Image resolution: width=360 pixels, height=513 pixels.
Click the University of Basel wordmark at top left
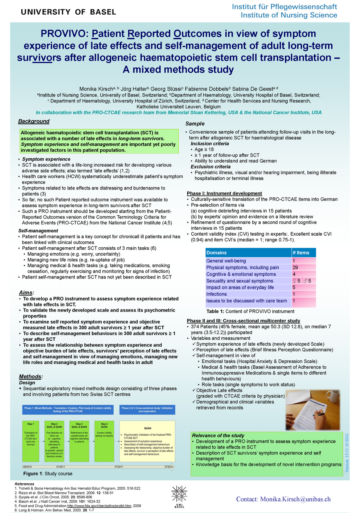click(68, 12)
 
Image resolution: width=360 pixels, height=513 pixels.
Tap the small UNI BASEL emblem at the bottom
click(179, 496)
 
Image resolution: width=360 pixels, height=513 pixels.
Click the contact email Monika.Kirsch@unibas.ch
click(283, 499)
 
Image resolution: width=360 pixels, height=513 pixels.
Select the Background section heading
click(34, 121)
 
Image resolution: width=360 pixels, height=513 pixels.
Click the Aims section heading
click(26, 293)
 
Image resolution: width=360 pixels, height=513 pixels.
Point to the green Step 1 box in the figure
click(31, 441)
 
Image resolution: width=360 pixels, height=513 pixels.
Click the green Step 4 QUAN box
click(104, 441)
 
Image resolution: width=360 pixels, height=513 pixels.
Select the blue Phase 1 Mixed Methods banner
click(68, 409)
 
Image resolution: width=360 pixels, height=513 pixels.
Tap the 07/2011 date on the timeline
click(119, 467)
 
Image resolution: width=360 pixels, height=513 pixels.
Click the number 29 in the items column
click(295, 268)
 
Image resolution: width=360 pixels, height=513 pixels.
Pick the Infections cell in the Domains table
click(217, 294)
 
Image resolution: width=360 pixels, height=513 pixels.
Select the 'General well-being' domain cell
click(226, 261)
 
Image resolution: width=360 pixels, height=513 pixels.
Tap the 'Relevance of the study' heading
click(218, 436)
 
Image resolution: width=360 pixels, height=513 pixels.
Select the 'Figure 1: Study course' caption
click(48, 474)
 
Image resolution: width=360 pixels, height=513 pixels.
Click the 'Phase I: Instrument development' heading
click(224, 194)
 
